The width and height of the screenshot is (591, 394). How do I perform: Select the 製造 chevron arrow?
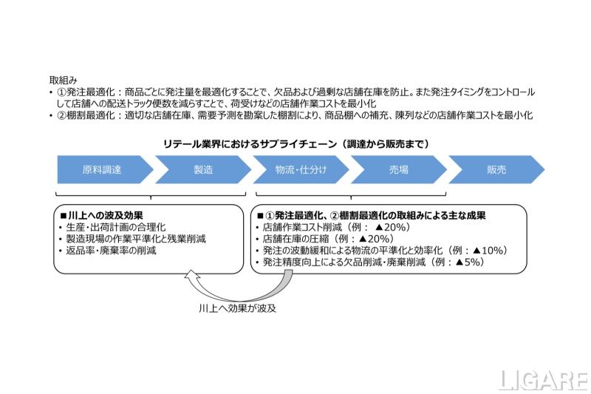pos(202,169)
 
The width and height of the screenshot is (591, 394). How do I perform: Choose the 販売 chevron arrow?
pos(496,169)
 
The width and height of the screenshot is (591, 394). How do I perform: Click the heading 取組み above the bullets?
pos(64,78)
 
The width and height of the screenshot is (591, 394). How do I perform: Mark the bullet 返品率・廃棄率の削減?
pos(111,251)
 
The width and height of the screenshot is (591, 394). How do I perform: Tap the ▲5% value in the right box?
pos(471,262)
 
